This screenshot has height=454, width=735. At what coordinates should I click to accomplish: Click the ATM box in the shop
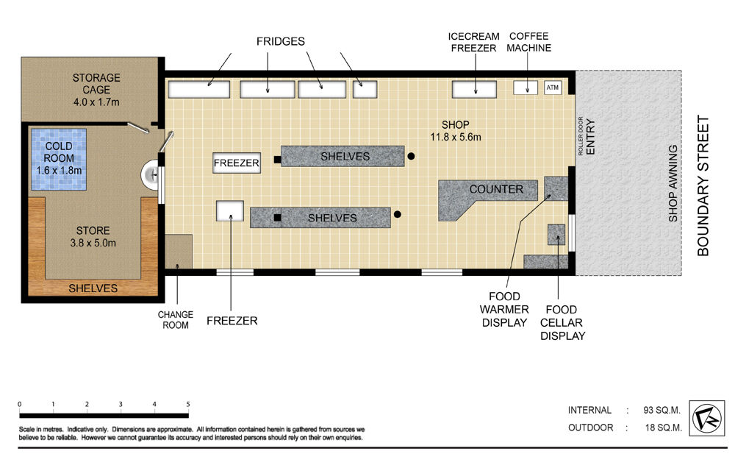[x=553, y=88]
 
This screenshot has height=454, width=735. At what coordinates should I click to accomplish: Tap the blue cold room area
[x=59, y=159]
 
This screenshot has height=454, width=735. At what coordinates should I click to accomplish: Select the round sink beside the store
[x=150, y=174]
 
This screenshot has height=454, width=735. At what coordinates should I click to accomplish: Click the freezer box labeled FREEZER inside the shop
[x=236, y=163]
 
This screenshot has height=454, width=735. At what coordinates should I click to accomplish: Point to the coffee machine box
[x=525, y=88]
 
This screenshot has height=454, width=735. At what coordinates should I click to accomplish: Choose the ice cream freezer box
[x=474, y=89]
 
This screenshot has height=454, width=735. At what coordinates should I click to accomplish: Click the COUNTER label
[x=496, y=189]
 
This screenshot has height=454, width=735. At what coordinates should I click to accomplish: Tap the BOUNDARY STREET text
[x=703, y=186]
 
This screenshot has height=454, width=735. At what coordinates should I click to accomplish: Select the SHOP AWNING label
[x=673, y=183]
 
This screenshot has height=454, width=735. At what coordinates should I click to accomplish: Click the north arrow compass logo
[x=706, y=418]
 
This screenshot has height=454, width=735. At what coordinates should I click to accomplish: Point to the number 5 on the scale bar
[x=188, y=404]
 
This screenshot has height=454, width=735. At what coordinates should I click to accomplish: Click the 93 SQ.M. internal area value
[x=661, y=410]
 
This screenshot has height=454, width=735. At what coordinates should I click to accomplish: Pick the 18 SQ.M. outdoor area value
[x=663, y=428]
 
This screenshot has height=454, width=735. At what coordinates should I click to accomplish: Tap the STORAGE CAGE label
[x=96, y=84]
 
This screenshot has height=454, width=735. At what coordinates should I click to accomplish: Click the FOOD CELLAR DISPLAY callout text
[x=562, y=322]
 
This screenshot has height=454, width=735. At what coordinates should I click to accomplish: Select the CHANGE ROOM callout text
[x=176, y=320]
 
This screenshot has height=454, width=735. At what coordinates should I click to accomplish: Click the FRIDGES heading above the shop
[x=280, y=41]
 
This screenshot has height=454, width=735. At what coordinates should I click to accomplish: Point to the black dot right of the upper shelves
[x=411, y=156]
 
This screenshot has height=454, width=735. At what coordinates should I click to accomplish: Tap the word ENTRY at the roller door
[x=590, y=137]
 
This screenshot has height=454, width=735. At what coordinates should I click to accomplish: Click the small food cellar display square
[x=556, y=234]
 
